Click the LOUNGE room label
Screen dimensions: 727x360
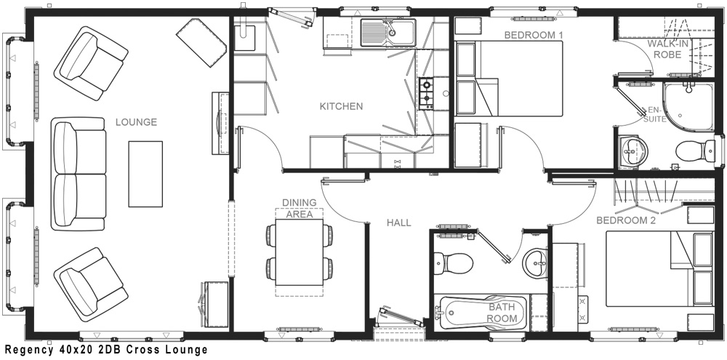click(136, 122)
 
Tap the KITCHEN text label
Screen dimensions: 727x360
click(341, 106)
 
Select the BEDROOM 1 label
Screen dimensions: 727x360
click(530, 35)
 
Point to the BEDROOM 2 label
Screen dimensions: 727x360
click(626, 220)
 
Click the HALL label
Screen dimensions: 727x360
click(398, 223)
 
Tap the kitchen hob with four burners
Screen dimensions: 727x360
click(427, 93)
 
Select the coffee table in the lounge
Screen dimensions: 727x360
click(145, 174)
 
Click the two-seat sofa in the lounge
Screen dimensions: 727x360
click(79, 174)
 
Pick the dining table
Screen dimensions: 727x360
click(299, 252)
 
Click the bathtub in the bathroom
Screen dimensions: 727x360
click(482, 313)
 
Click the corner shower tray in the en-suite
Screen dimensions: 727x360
click(688, 107)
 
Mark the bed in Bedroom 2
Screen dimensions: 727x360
click(659, 268)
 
